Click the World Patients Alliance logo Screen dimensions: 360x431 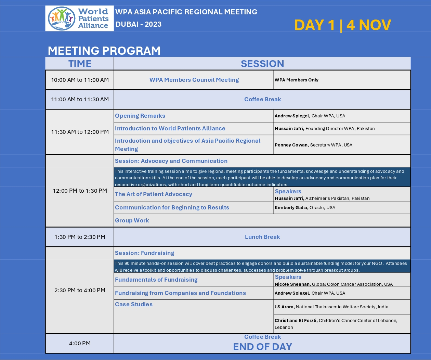(x=79, y=18)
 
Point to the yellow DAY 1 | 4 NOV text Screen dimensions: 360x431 (x=342, y=25)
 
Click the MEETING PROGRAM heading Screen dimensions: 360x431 (x=104, y=51)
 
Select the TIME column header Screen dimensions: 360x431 (x=80, y=64)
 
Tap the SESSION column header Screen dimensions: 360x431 (x=262, y=64)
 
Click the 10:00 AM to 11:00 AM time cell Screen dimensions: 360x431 (x=80, y=80)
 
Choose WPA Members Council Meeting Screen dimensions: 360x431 (x=194, y=80)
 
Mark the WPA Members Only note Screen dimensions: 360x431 (x=297, y=80)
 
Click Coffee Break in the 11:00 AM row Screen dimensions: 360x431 (x=262, y=99)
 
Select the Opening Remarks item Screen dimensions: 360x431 (x=140, y=116)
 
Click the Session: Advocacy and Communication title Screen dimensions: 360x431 (x=171, y=161)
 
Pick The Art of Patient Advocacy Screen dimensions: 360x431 (x=154, y=194)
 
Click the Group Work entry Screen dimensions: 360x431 (x=132, y=220)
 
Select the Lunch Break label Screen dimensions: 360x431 (x=262, y=237)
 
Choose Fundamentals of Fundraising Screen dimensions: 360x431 (x=156, y=280)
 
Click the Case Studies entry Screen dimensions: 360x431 (x=134, y=304)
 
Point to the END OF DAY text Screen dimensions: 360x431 (x=262, y=347)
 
